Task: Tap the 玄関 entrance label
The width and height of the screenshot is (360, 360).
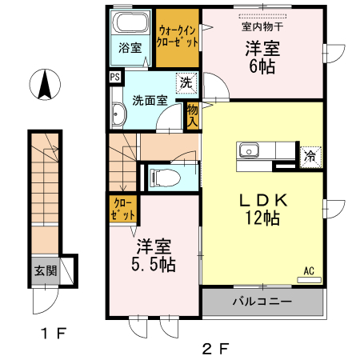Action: tap(45, 270)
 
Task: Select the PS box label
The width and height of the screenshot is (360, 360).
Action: tap(115, 78)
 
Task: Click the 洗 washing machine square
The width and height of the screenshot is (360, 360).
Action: tap(186, 82)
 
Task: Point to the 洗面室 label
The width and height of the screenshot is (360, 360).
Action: tap(150, 100)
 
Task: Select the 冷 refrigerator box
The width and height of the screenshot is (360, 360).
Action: tap(310, 157)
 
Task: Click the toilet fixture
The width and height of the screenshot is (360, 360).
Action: tap(166, 176)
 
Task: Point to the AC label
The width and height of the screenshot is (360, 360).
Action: tap(308, 270)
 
